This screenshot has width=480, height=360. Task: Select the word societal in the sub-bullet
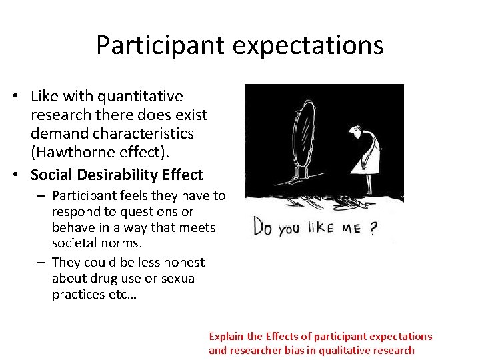77,243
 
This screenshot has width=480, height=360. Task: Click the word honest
182,262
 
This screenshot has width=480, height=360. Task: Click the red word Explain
226,337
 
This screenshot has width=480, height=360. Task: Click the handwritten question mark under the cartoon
373,229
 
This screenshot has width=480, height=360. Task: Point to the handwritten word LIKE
320,228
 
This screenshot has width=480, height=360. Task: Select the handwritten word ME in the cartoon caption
351,229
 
